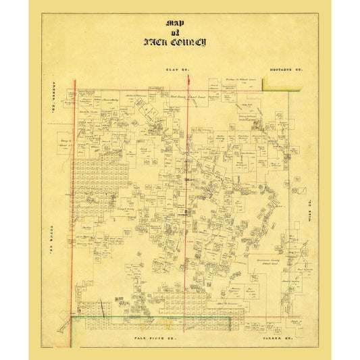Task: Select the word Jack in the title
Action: (157, 42)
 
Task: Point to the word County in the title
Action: (190, 42)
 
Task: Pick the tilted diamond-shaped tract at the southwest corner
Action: (63, 324)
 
